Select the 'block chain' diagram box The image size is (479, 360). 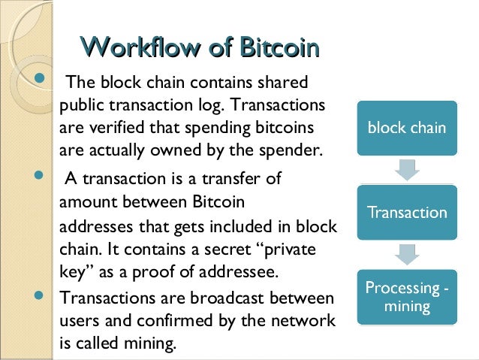coord(406,128)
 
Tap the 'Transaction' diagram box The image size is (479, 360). coord(406,213)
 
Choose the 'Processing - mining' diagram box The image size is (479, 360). coord(406,298)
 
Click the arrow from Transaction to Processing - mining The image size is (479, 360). coord(406,255)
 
